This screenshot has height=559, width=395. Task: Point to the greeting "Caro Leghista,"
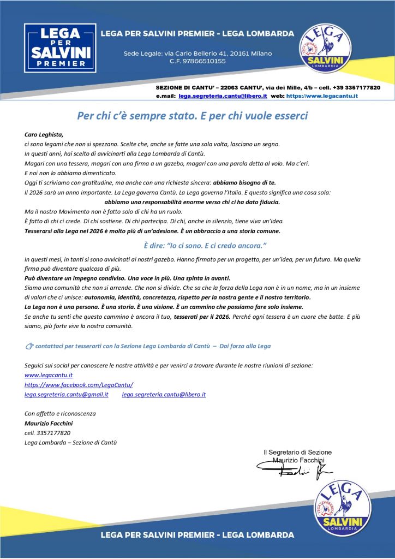(x=44, y=134)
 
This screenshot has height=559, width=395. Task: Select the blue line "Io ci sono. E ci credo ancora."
(x=205, y=246)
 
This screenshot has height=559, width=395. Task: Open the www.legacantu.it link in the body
(x=49, y=376)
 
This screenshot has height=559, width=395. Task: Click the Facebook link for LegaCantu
(x=79, y=385)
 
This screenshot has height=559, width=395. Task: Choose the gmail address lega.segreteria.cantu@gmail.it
(x=66, y=394)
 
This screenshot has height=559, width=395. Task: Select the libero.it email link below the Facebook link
(x=164, y=394)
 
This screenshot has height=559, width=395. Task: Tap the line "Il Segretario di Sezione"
(x=297, y=452)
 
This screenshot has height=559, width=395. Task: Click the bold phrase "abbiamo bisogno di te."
(x=244, y=183)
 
